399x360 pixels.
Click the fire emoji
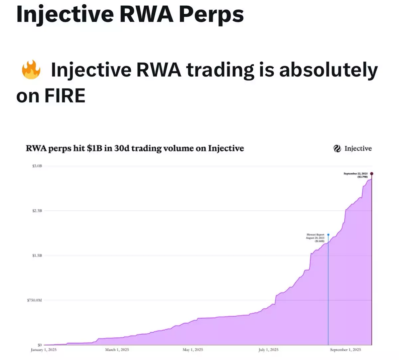[31, 70]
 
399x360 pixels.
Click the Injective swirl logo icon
[337, 149]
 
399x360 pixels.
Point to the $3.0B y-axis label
[37, 166]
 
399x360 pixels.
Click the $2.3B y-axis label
[37, 211]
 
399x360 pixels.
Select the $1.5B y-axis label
[37, 256]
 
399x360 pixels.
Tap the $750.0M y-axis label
[35, 300]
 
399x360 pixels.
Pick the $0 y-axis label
[40, 345]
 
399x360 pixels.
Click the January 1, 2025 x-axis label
[44, 350]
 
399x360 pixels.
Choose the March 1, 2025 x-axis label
[117, 350]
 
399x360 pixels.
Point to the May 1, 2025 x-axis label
[193, 350]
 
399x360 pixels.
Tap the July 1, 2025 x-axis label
[269, 350]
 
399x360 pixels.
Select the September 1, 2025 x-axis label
[345, 350]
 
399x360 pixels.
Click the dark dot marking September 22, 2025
[372, 173]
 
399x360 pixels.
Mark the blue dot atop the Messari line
[328, 235]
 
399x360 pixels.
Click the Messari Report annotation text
[315, 238]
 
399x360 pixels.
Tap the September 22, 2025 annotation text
[355, 175]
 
